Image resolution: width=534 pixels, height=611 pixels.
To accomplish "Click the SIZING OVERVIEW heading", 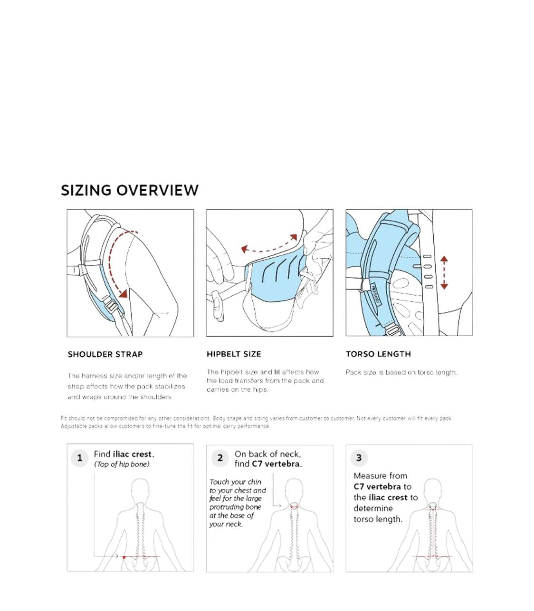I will click(130, 190).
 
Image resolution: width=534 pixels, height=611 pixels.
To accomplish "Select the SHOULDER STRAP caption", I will click(105, 354).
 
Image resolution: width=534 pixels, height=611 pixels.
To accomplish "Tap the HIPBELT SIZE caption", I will click(234, 354).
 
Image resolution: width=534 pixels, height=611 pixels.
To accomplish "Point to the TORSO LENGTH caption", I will click(378, 354).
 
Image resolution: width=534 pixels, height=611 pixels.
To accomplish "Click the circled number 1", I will click(79, 458).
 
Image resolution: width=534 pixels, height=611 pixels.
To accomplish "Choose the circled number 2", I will click(219, 458).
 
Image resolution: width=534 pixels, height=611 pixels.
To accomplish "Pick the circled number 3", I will click(359, 457).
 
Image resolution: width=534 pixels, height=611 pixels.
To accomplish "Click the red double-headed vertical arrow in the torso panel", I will click(444, 272).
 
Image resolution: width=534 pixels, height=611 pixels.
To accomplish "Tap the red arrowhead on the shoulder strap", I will click(124, 293).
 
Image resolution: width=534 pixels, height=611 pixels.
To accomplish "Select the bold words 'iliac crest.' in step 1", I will click(133, 454).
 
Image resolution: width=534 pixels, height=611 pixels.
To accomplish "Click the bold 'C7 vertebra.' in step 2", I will click(277, 464).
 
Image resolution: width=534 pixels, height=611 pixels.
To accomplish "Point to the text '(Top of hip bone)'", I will click(122, 464).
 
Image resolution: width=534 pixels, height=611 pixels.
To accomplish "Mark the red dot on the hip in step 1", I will click(124, 557).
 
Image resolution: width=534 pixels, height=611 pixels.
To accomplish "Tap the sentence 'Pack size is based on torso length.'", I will click(401, 372).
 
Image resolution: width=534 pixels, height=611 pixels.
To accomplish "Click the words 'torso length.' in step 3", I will click(378, 519).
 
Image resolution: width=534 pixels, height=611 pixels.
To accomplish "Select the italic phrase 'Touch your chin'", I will click(235, 482).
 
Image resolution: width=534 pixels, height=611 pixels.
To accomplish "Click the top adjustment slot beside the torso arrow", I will click(427, 257).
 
